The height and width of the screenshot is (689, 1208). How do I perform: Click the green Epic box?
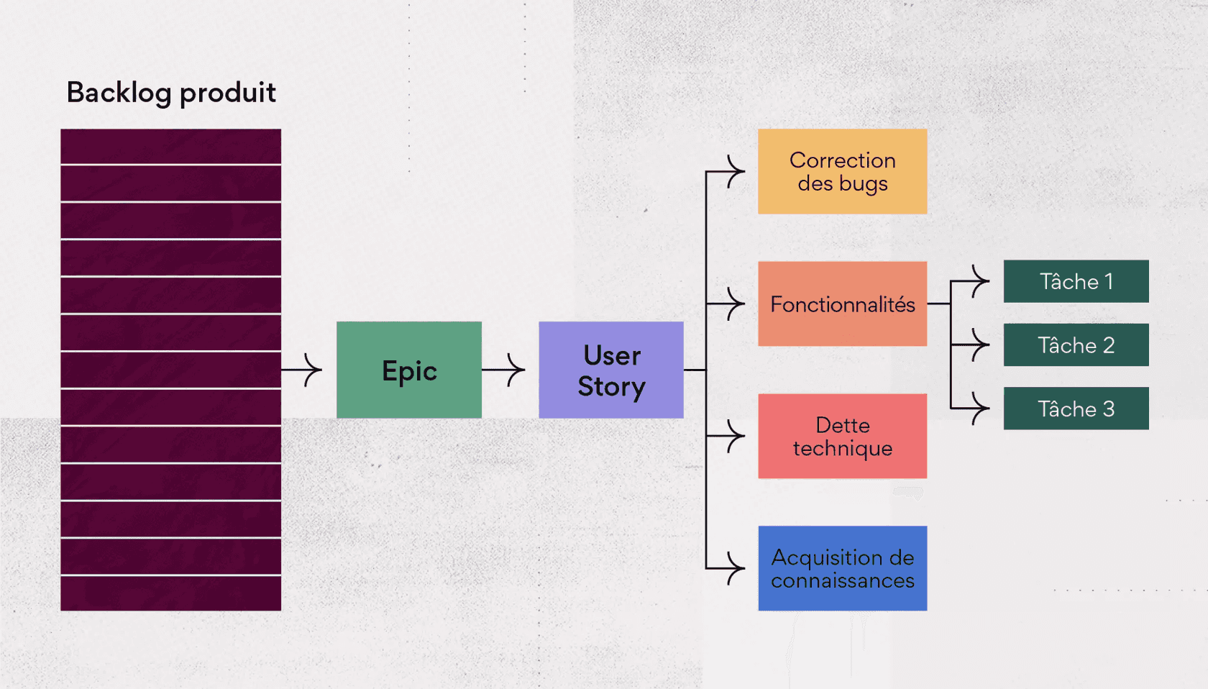[409, 370]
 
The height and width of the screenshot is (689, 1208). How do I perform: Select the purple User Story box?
[611, 370]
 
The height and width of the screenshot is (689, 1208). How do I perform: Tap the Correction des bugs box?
[842, 171]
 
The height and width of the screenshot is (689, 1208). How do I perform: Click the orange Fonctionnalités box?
[842, 304]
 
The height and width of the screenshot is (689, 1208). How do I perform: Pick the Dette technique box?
[842, 436]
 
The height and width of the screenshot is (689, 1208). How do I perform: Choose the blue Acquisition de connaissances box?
[842, 568]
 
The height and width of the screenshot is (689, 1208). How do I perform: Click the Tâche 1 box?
[1076, 281]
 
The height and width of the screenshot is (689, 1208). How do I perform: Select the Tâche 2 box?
[1076, 345]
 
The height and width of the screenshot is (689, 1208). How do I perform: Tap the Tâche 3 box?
[1076, 409]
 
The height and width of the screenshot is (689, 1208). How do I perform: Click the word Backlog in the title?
[119, 93]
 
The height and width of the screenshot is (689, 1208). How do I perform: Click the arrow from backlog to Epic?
[302, 370]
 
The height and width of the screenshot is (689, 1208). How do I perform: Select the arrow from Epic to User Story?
[504, 370]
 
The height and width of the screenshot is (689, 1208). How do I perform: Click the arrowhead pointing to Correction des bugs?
[736, 172]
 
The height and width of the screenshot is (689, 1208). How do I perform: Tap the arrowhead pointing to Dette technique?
[736, 436]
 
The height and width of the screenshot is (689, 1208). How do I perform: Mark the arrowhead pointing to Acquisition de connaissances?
[736, 568]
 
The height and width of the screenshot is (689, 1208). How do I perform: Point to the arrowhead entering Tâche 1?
[981, 281]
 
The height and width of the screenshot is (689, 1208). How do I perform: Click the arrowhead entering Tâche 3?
[981, 409]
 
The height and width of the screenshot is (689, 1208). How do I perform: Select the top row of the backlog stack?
[170, 147]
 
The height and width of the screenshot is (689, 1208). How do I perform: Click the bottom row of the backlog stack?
[170, 593]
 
